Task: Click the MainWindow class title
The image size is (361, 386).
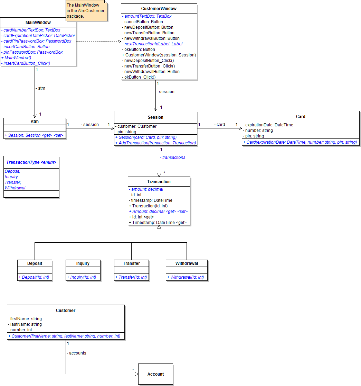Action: [x=38, y=23]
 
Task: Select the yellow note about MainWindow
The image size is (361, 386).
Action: [x=86, y=11]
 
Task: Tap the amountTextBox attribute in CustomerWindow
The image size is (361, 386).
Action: [x=148, y=16]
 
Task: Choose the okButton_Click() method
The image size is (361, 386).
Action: [x=140, y=77]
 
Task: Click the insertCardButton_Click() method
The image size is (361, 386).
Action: [x=27, y=63]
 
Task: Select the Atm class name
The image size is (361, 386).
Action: [x=35, y=122]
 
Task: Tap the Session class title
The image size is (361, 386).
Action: [x=155, y=117]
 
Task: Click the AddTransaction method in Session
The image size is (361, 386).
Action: [x=156, y=143]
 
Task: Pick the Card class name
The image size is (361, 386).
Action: [x=301, y=117]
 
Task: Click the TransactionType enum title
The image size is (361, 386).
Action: [x=31, y=162]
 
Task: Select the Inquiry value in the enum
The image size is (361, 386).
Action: [x=12, y=177]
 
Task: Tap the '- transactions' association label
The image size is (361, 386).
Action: [x=173, y=158]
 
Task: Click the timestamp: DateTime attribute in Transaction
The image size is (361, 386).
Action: [x=151, y=200]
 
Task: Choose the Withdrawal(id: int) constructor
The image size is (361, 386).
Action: [x=187, y=277]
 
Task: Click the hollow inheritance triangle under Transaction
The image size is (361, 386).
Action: [x=159, y=227]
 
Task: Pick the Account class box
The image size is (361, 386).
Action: [x=155, y=374]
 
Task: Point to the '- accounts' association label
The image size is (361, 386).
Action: [x=77, y=353]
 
